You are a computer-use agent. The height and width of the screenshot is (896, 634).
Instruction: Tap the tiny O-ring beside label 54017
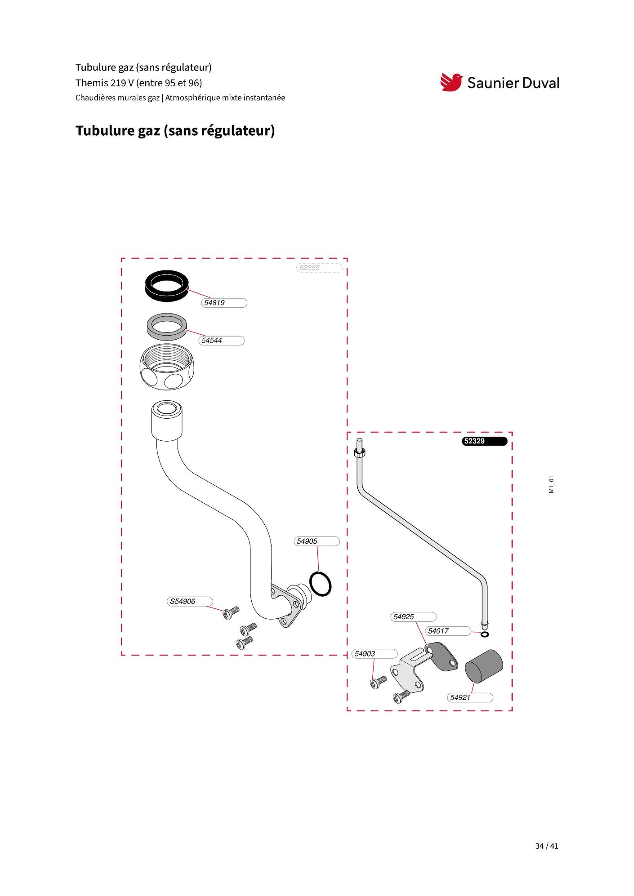[x=485, y=634]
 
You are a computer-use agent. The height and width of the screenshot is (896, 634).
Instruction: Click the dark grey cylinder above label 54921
[x=483, y=666]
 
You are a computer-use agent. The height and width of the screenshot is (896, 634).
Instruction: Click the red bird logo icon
[x=451, y=82]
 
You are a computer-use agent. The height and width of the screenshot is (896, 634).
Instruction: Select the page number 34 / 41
[x=547, y=846]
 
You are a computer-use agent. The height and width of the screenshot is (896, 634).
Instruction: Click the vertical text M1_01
[x=551, y=485]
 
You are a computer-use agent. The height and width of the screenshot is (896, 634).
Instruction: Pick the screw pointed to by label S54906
[x=231, y=612]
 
